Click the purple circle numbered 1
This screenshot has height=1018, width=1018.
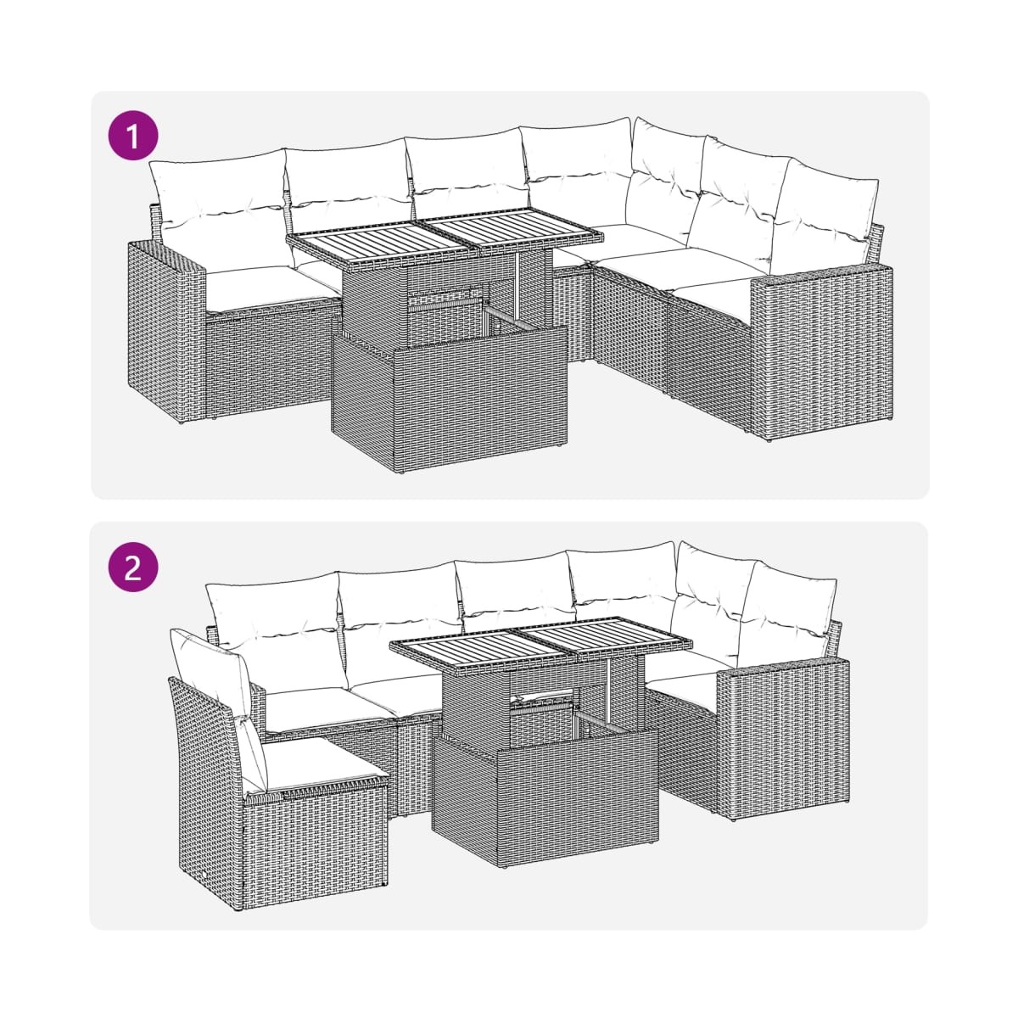point(132,136)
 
